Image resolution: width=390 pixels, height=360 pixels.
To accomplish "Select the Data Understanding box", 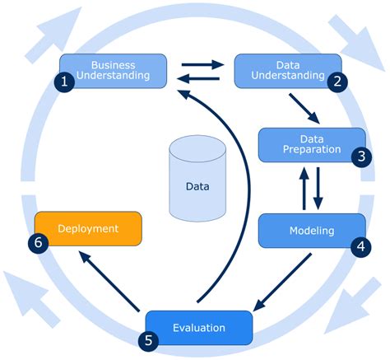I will [x=288, y=70].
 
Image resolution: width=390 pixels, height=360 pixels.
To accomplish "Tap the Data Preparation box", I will [x=312, y=144].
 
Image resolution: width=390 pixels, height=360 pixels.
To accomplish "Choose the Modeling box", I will [x=312, y=230].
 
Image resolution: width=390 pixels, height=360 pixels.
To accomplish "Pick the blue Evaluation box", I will [x=198, y=327].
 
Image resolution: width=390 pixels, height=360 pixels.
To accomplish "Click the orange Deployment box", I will [x=88, y=228].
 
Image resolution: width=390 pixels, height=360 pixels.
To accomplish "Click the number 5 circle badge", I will [x=146, y=339].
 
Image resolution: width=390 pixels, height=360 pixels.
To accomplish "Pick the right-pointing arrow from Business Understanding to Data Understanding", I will [x=202, y=63].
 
